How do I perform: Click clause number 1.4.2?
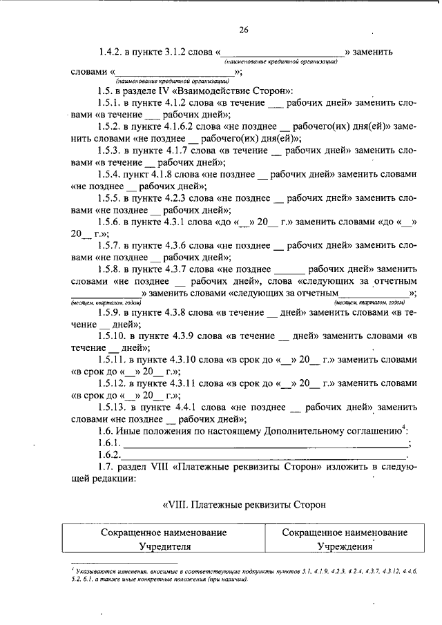point(110,52)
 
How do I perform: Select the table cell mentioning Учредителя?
point(163,539)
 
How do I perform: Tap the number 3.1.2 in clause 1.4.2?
point(168,52)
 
